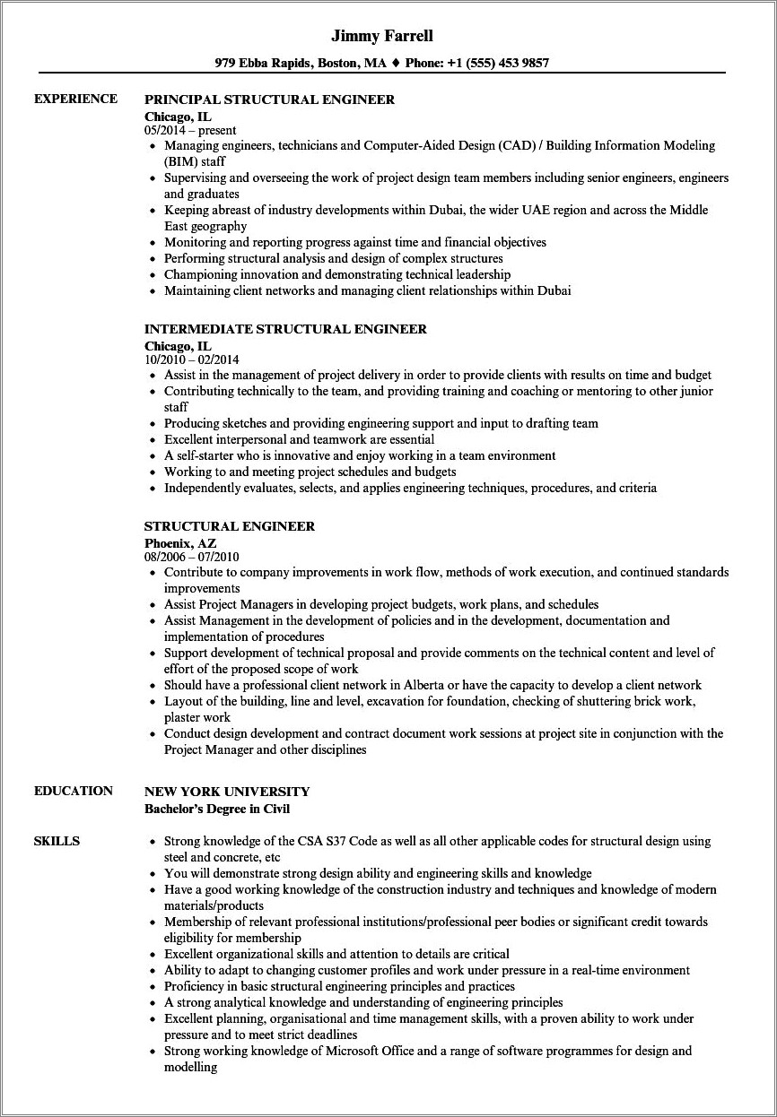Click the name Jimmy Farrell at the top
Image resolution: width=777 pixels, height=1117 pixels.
[382, 36]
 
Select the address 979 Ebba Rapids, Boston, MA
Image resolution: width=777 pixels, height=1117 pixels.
[301, 64]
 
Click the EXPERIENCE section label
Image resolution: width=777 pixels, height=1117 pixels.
[75, 99]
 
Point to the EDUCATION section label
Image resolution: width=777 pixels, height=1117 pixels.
[73, 791]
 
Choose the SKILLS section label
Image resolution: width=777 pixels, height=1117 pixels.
[57, 841]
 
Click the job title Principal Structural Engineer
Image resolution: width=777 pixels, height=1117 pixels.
[269, 100]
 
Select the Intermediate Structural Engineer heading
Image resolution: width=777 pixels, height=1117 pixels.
[285, 329]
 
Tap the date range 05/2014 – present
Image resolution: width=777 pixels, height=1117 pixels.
[190, 130]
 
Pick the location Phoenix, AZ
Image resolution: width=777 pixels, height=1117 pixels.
[180, 542]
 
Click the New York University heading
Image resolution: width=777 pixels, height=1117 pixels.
[227, 792]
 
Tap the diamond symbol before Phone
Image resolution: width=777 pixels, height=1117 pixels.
[396, 64]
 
